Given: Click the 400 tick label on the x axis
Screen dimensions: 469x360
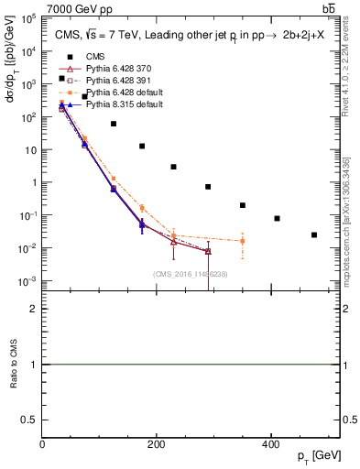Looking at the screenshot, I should [270, 444].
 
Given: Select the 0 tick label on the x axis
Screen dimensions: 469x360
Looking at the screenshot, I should [43, 444].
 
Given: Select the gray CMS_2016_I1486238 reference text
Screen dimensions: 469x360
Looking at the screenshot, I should [191, 274].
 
